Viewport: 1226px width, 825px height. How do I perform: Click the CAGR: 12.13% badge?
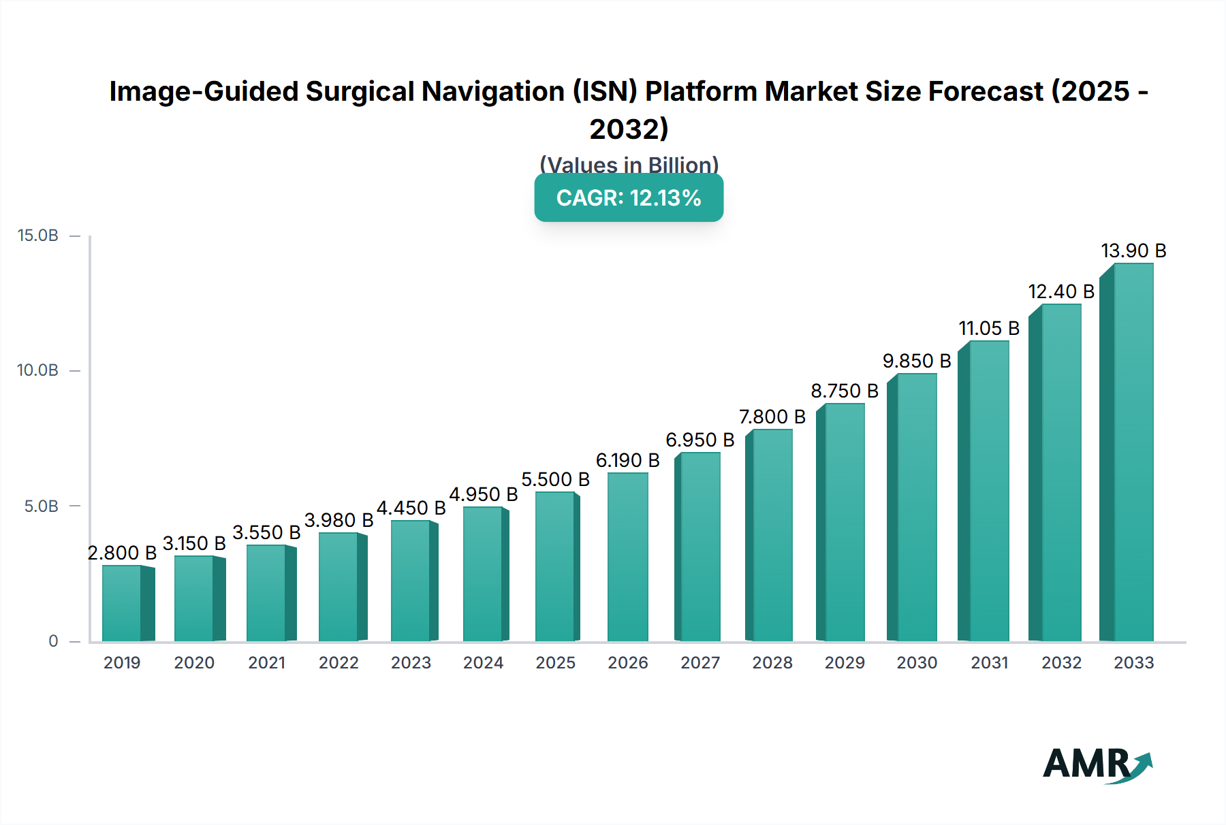point(629,198)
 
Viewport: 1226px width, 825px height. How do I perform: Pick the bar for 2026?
point(627,557)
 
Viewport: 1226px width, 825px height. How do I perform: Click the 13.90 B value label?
point(1133,251)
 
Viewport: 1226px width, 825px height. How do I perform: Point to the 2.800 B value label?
point(122,553)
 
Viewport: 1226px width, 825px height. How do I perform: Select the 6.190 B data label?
point(627,461)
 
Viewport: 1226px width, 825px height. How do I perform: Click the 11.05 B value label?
point(989,329)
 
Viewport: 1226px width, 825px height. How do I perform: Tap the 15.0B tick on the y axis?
point(38,236)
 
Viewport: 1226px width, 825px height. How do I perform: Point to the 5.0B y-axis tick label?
point(42,506)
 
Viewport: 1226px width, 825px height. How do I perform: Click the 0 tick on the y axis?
point(53,641)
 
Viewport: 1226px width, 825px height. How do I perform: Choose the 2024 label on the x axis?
point(483,663)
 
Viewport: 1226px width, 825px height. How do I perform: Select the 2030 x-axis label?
point(917,663)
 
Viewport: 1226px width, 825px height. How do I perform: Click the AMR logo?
point(1097,764)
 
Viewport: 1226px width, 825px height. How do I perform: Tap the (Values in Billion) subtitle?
point(629,165)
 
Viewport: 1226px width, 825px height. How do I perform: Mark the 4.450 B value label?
point(411,508)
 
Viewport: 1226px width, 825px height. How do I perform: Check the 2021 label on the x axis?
point(266,663)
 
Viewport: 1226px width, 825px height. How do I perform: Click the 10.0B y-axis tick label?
point(38,371)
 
